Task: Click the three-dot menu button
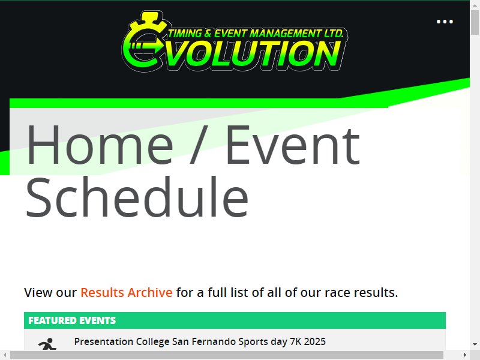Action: (445, 22)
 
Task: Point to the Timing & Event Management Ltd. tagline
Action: (256, 34)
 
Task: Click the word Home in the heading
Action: (100, 145)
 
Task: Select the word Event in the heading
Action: (293, 145)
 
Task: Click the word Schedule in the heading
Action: (137, 197)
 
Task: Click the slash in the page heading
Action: (199, 145)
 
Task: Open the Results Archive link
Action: (127, 293)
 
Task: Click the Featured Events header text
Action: (72, 320)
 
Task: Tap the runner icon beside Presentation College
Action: (47, 344)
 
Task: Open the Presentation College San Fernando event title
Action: (200, 341)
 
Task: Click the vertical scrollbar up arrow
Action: (475, 4)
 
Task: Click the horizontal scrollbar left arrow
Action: (5, 355)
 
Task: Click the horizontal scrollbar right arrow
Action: (465, 355)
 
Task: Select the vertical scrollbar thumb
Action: (475, 23)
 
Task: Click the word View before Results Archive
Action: (38, 293)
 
